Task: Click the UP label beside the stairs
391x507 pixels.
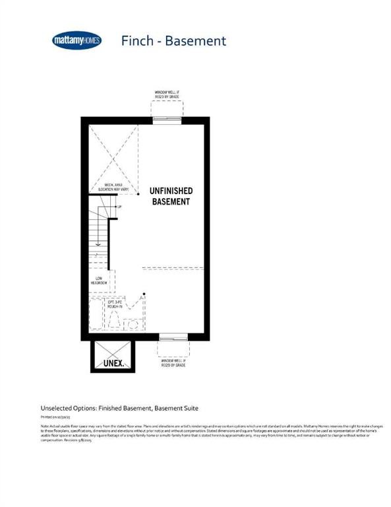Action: pyautogui.click(x=119, y=207)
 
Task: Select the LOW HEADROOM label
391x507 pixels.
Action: pyautogui.click(x=100, y=281)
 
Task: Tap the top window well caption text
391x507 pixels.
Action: pyautogui.click(x=167, y=95)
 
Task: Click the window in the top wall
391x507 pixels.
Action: pyautogui.click(x=167, y=119)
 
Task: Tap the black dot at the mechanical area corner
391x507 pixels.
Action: pyautogui.click(x=138, y=195)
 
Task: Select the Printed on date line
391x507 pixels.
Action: pyautogui.click(x=57, y=418)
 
